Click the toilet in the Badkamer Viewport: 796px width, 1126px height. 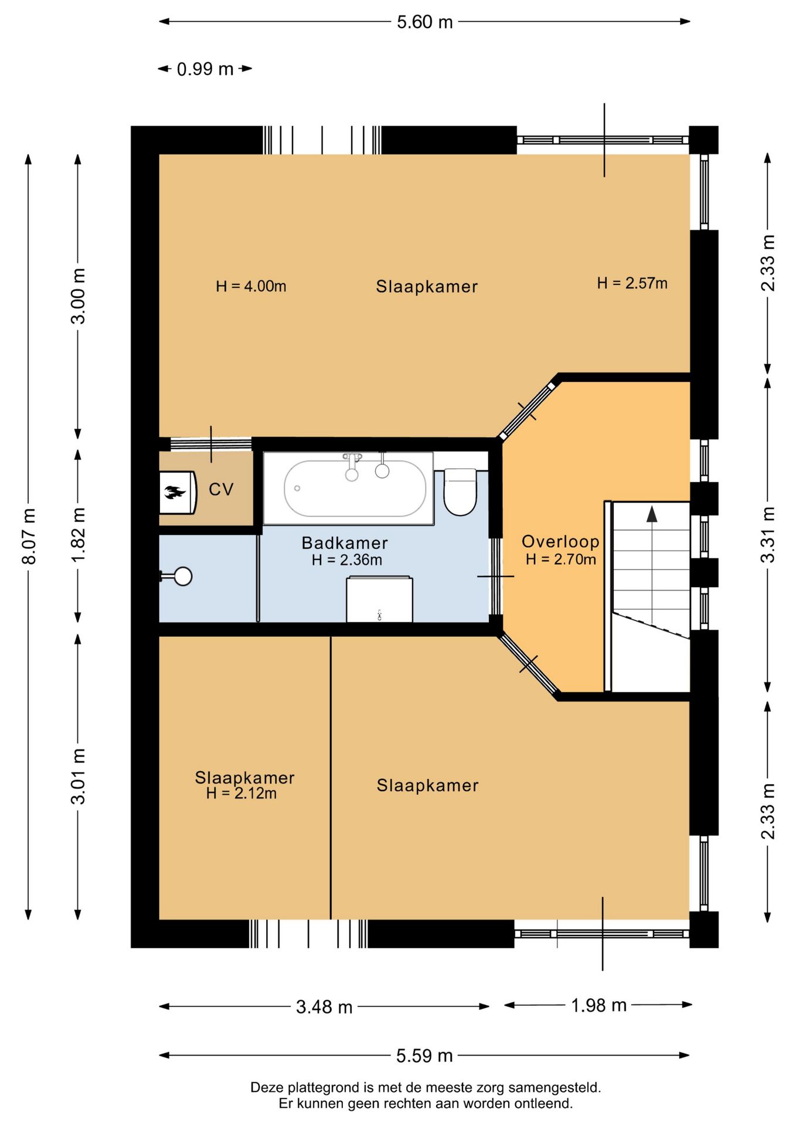point(460,491)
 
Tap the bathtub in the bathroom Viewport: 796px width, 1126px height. point(355,489)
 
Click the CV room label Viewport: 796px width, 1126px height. point(221,489)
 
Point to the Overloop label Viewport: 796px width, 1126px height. point(560,541)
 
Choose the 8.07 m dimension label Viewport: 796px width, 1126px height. point(29,537)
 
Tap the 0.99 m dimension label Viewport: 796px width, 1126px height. point(205,69)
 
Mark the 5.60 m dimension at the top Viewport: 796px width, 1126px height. point(425,22)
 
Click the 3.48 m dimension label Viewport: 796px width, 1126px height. point(324,1007)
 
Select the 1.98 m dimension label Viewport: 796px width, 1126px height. point(598,1005)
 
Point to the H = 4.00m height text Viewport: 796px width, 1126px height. point(251,286)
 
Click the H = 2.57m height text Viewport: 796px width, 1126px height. point(632,283)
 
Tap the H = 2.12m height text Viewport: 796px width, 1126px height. point(241,793)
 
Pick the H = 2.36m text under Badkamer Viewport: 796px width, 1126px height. point(346,560)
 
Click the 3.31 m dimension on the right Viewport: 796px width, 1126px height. point(767,534)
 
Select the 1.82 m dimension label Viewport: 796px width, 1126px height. point(78,535)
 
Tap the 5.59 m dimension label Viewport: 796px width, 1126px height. point(424,1056)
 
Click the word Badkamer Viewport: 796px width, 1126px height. point(345,543)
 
